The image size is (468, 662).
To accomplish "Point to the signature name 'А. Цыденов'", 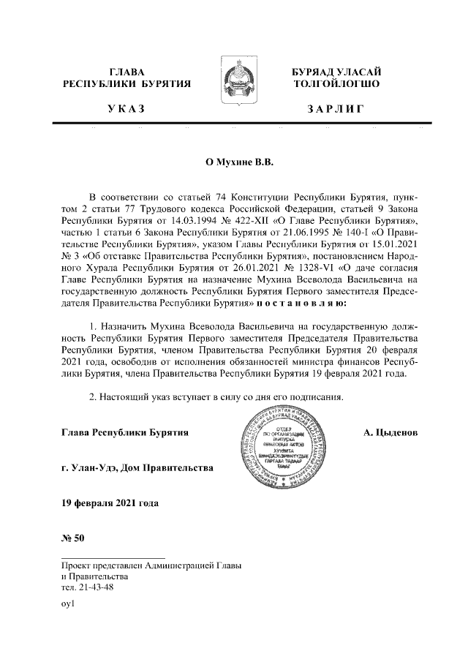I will [390, 433].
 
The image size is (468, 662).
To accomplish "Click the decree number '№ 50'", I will [74, 540].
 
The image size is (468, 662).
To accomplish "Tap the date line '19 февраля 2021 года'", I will [110, 503].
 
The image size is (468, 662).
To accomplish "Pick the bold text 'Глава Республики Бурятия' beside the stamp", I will [126, 433].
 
